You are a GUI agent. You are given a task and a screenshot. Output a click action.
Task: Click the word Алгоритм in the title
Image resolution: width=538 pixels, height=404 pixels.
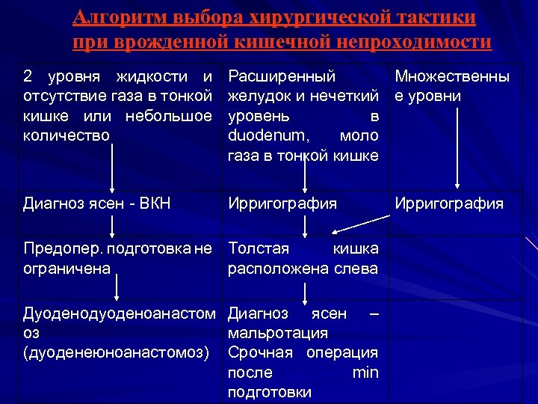pos(121,16)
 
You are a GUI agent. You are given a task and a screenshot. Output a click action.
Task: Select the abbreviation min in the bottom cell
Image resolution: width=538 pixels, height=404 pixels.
pos(365,373)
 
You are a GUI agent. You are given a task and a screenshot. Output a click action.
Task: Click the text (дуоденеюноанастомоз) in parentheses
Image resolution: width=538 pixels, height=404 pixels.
pos(117,352)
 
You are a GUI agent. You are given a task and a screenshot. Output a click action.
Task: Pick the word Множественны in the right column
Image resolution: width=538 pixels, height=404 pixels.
pos(452,76)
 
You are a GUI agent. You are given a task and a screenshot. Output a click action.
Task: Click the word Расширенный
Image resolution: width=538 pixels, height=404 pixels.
pos(281,76)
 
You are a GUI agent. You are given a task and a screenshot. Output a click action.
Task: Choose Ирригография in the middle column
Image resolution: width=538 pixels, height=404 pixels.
pos(282,203)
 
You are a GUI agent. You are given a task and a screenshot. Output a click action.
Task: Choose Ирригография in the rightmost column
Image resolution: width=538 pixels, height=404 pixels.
pos(448,203)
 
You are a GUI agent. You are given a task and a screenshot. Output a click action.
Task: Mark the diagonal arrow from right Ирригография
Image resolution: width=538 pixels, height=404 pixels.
pos(362,223)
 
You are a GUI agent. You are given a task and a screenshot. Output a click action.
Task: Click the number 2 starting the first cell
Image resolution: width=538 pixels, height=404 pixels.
pos(28,76)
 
